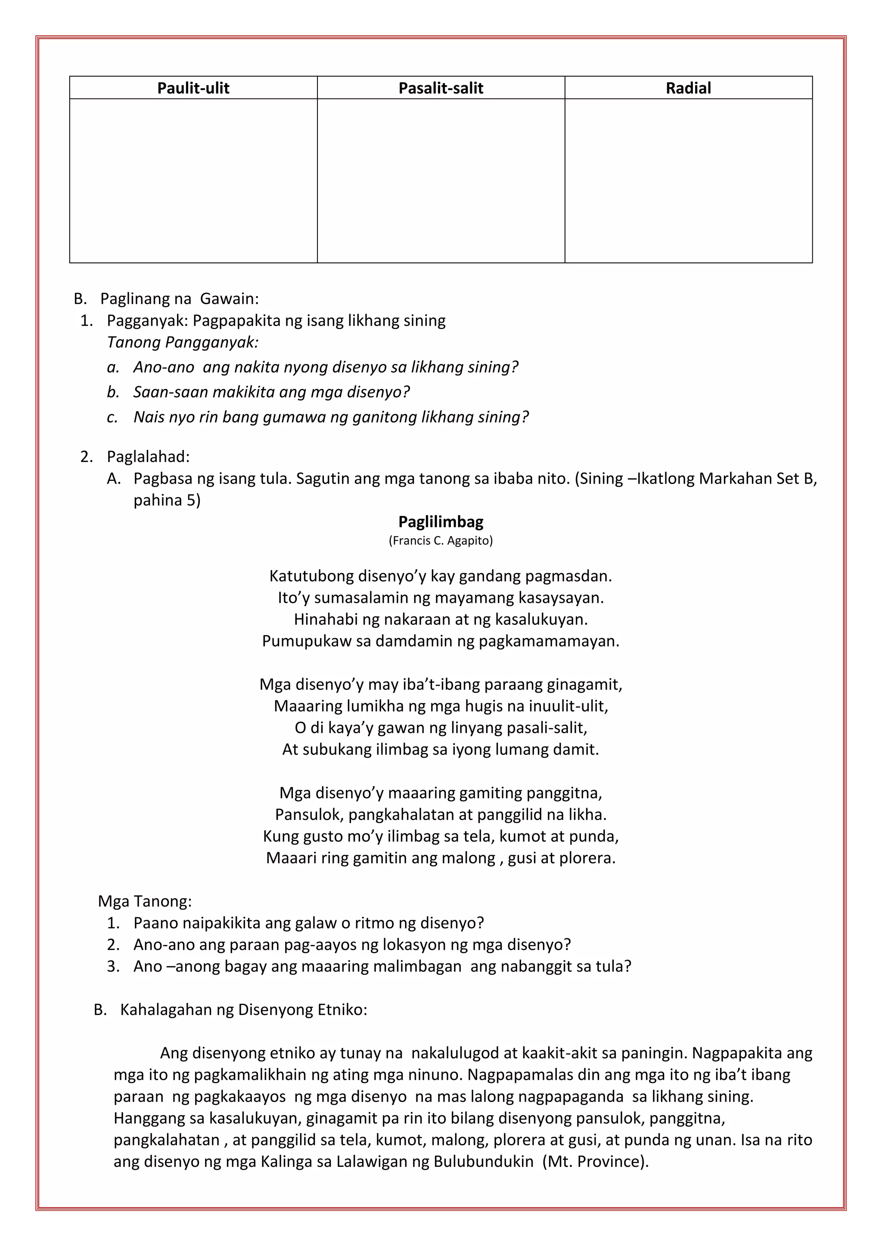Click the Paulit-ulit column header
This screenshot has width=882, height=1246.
[x=193, y=88]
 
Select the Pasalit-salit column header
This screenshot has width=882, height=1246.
[x=441, y=88]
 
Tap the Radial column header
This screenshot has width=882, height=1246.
[x=688, y=88]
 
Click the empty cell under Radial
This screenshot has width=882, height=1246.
[x=688, y=181]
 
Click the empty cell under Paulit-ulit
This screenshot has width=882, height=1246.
[x=193, y=181]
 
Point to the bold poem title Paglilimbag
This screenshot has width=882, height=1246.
[x=441, y=521]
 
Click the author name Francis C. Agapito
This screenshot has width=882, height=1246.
[x=441, y=540]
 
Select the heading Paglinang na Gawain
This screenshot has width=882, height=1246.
[x=179, y=299]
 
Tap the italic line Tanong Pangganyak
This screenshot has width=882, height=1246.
[x=183, y=342]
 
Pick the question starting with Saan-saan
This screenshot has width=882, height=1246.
[x=272, y=392]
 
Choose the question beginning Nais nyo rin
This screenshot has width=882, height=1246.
[x=331, y=417]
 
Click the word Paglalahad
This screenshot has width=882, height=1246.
[x=148, y=456]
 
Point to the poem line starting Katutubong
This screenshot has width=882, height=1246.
[x=441, y=576]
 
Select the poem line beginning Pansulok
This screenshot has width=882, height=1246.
[x=441, y=814]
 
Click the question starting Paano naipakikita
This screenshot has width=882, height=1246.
[x=308, y=923]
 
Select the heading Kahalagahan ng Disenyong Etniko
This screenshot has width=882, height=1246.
[x=243, y=1010]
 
